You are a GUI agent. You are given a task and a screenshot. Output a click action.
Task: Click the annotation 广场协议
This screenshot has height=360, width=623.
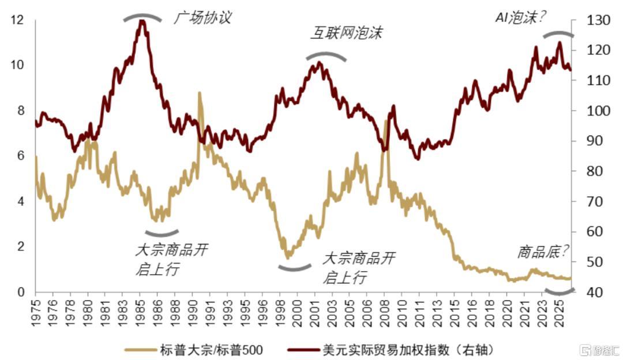click(202, 18)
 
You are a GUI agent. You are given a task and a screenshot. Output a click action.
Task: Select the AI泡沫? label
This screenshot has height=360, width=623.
click(520, 18)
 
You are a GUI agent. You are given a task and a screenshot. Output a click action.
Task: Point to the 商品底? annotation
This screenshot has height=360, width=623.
click(543, 251)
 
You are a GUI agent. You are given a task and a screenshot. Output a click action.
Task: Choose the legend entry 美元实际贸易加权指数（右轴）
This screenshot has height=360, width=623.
click(397, 350)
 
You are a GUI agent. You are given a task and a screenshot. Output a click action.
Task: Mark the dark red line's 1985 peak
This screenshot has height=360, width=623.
click(141, 21)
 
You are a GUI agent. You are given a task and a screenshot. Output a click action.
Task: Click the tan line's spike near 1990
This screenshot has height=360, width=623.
click(200, 93)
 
